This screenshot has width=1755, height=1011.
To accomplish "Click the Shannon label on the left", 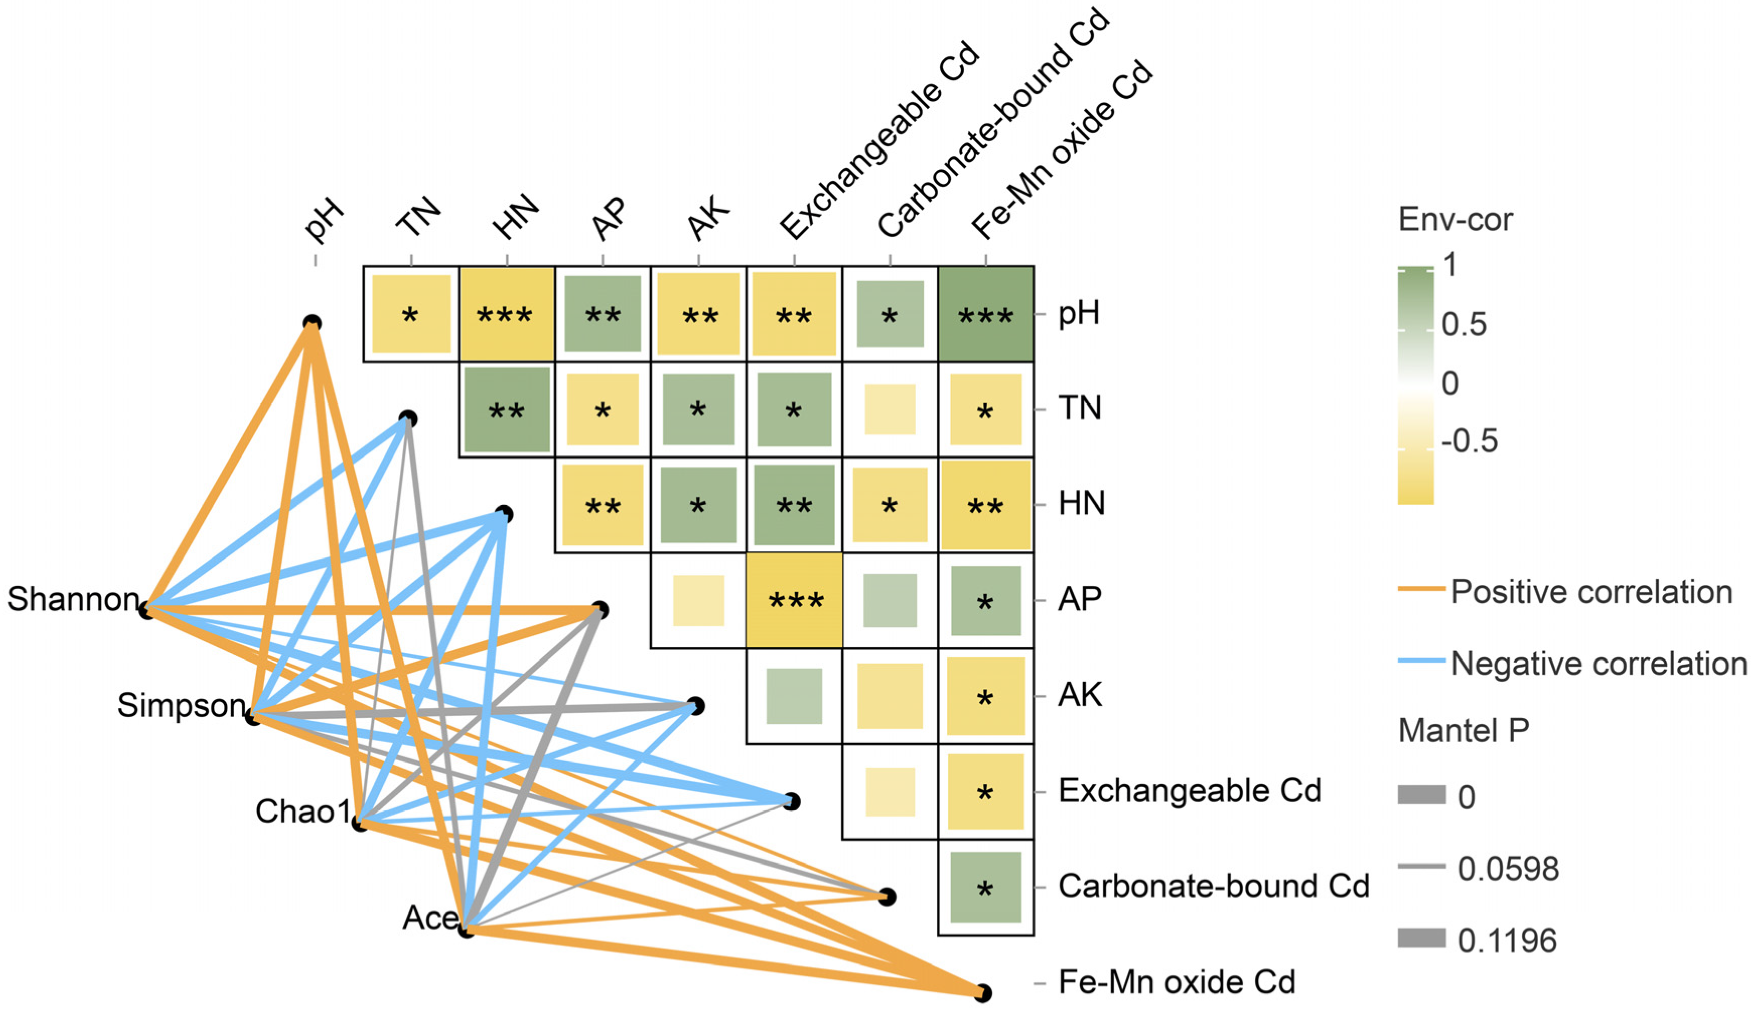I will tap(73, 599).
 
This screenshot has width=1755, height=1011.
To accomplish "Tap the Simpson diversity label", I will tap(181, 705).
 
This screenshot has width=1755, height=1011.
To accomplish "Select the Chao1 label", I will tap(303, 811).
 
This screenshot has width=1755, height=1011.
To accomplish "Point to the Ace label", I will tap(429, 918).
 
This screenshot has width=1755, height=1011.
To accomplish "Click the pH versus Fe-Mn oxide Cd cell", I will tap(985, 314).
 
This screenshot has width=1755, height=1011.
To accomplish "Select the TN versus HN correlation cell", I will tap(507, 410).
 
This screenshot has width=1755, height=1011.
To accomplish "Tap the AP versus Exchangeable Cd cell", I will tap(794, 601).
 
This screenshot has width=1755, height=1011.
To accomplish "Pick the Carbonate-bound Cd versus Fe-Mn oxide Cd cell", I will tap(985, 887).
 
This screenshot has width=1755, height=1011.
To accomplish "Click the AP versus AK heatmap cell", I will tap(698, 601).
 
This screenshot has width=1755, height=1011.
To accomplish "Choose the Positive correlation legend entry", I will tap(1591, 592).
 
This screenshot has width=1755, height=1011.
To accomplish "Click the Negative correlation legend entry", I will tap(1598, 664).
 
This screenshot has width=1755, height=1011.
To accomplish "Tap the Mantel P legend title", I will tap(1463, 730).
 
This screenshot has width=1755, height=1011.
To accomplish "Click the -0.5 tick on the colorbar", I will tap(1469, 441).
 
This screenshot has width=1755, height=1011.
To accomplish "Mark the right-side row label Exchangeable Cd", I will tap(1189, 791).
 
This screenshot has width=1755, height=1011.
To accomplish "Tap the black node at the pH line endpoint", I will tap(312, 323).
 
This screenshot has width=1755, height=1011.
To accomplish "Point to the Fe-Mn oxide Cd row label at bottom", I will tap(1176, 982).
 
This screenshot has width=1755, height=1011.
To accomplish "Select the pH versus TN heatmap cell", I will tap(411, 314).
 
